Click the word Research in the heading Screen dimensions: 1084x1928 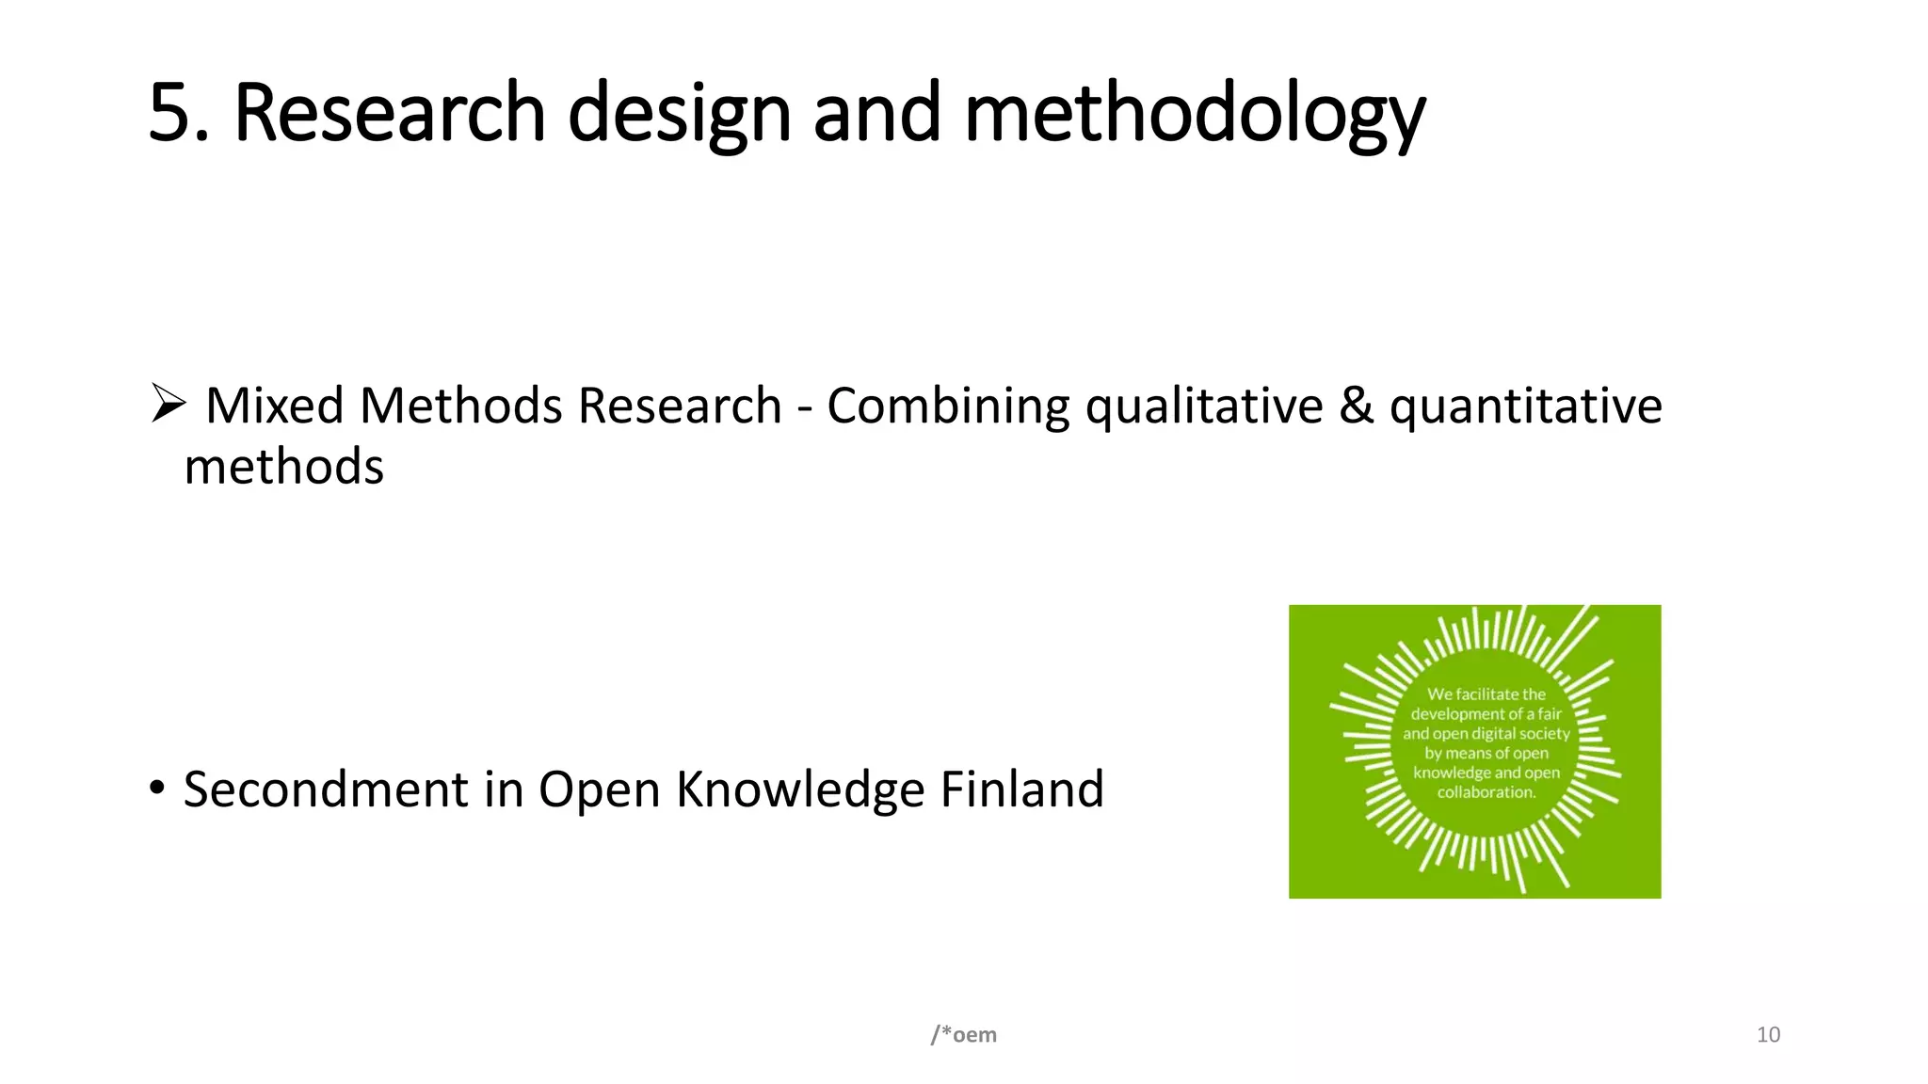[x=389, y=113]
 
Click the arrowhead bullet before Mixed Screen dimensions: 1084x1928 [x=169, y=404]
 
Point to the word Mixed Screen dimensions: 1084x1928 [x=274, y=406]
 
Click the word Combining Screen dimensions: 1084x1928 [x=947, y=406]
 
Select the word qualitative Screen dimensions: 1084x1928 [x=1204, y=406]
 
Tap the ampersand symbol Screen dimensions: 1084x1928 [x=1356, y=406]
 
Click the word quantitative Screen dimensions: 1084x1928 [x=1525, y=406]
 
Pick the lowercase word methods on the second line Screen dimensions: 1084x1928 [x=283, y=467]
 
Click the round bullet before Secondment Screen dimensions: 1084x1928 [x=157, y=787]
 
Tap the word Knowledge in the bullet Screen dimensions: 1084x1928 [x=799, y=789]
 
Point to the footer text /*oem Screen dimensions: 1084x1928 [x=963, y=1035]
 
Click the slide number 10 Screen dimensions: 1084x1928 [x=1768, y=1035]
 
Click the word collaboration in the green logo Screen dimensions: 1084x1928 [x=1486, y=792]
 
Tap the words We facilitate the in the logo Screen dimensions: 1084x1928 [x=1486, y=694]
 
